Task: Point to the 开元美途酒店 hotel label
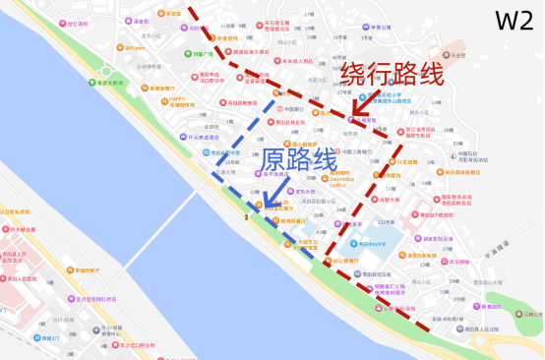[x=203, y=138]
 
